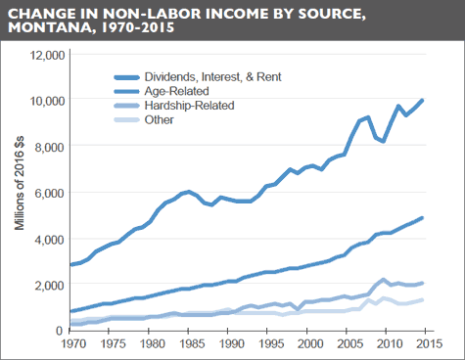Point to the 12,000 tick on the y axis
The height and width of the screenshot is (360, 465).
pos(45,55)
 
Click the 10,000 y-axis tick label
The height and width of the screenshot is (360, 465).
pos(45,101)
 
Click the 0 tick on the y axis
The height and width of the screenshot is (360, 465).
pos(60,331)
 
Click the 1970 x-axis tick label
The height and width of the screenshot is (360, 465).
pos(70,345)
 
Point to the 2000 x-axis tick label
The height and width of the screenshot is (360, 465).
pos(309,345)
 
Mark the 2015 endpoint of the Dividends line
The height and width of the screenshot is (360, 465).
pos(423,100)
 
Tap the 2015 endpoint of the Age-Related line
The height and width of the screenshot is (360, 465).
pos(423,218)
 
